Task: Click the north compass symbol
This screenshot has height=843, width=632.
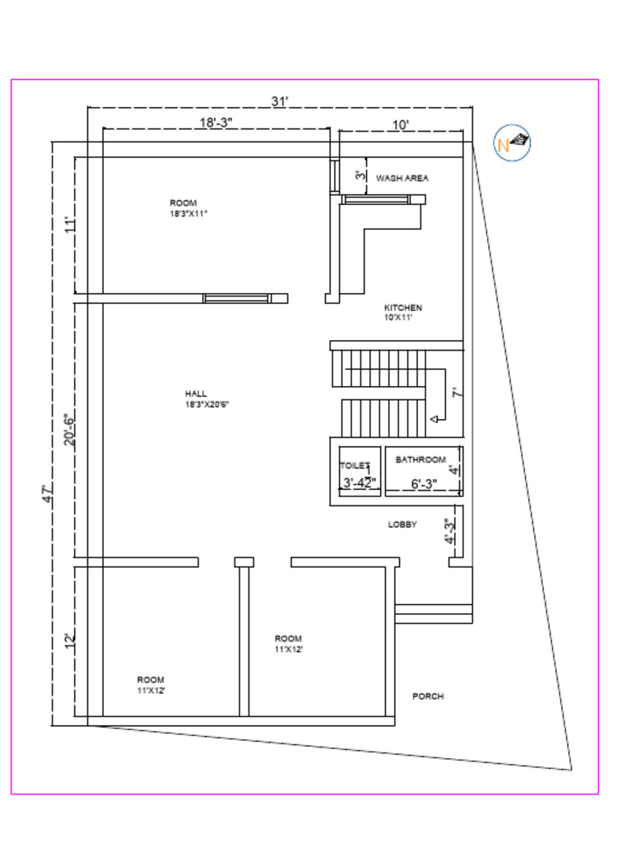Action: coord(512,142)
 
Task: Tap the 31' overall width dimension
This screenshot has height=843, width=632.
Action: coord(280,101)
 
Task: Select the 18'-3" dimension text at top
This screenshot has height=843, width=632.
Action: coord(216,123)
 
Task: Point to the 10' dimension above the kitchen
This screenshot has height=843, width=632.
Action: coord(401,124)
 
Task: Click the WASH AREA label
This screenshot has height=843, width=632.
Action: coord(402,178)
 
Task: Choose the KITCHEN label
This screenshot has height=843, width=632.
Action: coord(402,308)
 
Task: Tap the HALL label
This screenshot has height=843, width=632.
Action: coord(196,394)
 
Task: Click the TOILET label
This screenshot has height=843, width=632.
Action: coord(355,466)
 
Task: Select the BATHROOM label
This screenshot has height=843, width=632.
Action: coord(421,459)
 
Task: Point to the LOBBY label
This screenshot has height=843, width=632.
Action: coord(402,524)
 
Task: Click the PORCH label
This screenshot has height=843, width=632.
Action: coord(428,696)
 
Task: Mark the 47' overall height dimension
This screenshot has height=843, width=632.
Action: coord(49,494)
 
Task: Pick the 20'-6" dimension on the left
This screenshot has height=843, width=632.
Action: coord(71,430)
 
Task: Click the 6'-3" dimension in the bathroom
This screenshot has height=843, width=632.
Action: coord(424,484)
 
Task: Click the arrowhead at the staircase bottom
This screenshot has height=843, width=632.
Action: coord(433,420)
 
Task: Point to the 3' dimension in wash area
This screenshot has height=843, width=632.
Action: coord(359,175)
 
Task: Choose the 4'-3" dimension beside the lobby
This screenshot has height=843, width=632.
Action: coord(449,531)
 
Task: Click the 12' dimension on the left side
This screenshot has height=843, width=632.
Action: coord(71,640)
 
